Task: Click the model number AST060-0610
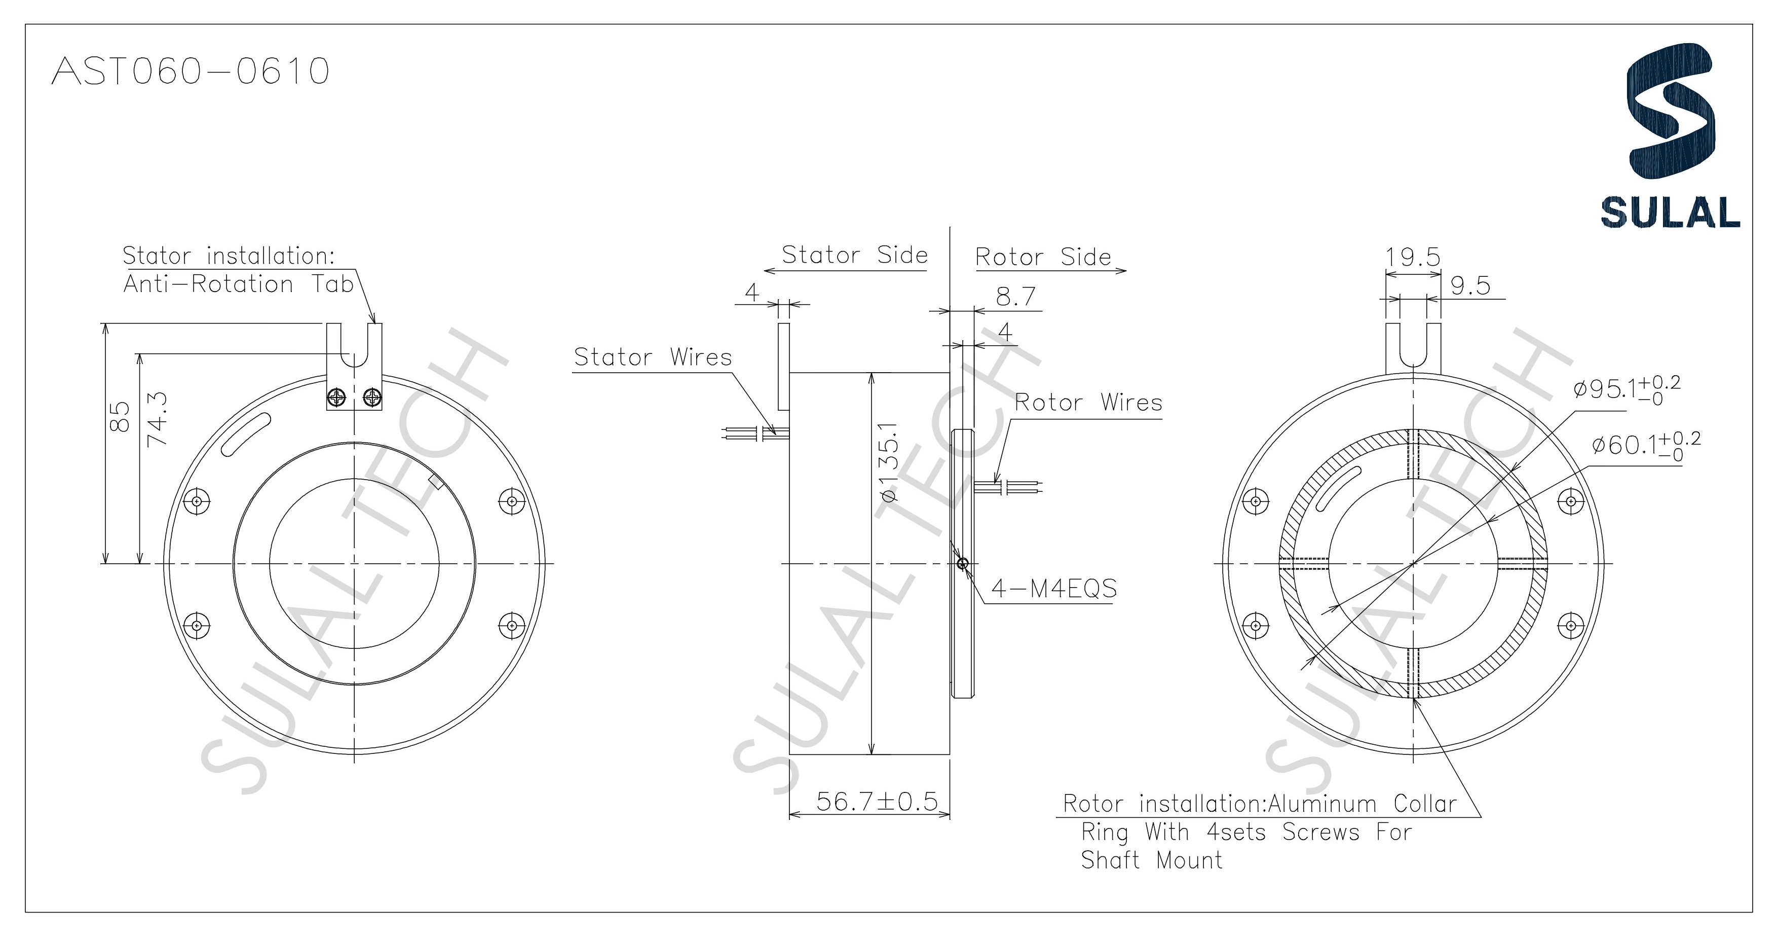coord(191,71)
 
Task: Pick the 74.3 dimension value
coord(158,419)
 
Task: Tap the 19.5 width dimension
coord(1413,257)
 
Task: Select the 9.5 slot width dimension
coord(1470,285)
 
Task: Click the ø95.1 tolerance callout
coord(1626,389)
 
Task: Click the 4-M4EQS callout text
coord(1053,589)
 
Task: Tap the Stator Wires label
coord(652,357)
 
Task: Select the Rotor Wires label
coord(1088,402)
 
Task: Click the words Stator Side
coord(854,255)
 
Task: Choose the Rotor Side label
coord(1042,257)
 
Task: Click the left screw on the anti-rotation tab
coord(337,397)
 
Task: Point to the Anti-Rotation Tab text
coord(238,284)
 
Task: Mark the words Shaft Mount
coord(1151,860)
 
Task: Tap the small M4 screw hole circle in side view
coord(963,564)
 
